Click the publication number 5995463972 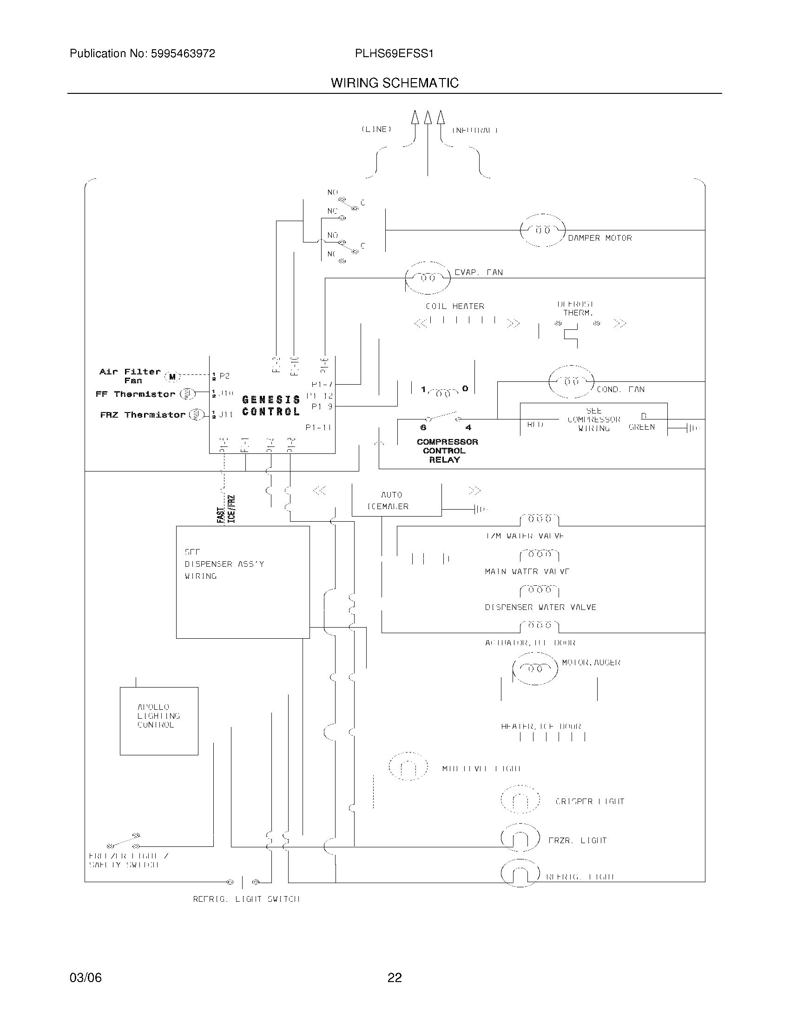tap(183, 54)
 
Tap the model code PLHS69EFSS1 tap(394, 54)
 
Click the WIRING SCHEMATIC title tap(395, 83)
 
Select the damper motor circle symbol tap(542, 230)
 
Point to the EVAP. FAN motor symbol tap(427, 278)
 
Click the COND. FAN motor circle tap(571, 381)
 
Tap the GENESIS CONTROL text tap(271, 406)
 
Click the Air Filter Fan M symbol tap(172, 376)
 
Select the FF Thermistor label tap(135, 394)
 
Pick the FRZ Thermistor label tap(143, 414)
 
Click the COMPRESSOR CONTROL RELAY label tap(447, 451)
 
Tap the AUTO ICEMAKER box tap(396, 500)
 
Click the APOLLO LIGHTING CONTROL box tap(158, 721)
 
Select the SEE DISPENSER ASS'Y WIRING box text tap(224, 564)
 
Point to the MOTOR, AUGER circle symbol tap(535, 668)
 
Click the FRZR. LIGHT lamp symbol tap(520, 840)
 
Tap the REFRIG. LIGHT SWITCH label tap(246, 899)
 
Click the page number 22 tap(395, 977)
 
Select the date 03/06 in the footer tap(86, 977)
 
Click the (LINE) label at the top tap(376, 130)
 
